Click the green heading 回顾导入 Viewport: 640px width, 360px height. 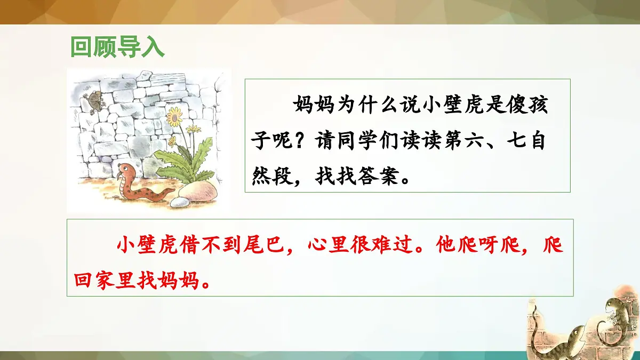pyautogui.click(x=118, y=47)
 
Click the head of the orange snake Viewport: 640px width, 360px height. pyautogui.click(x=125, y=170)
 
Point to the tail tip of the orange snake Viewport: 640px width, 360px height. pyautogui.click(x=173, y=189)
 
